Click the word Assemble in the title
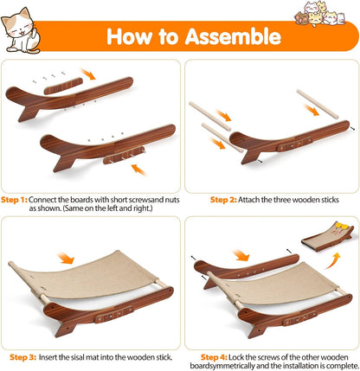click(233, 37)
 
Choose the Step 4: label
click(215, 355)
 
